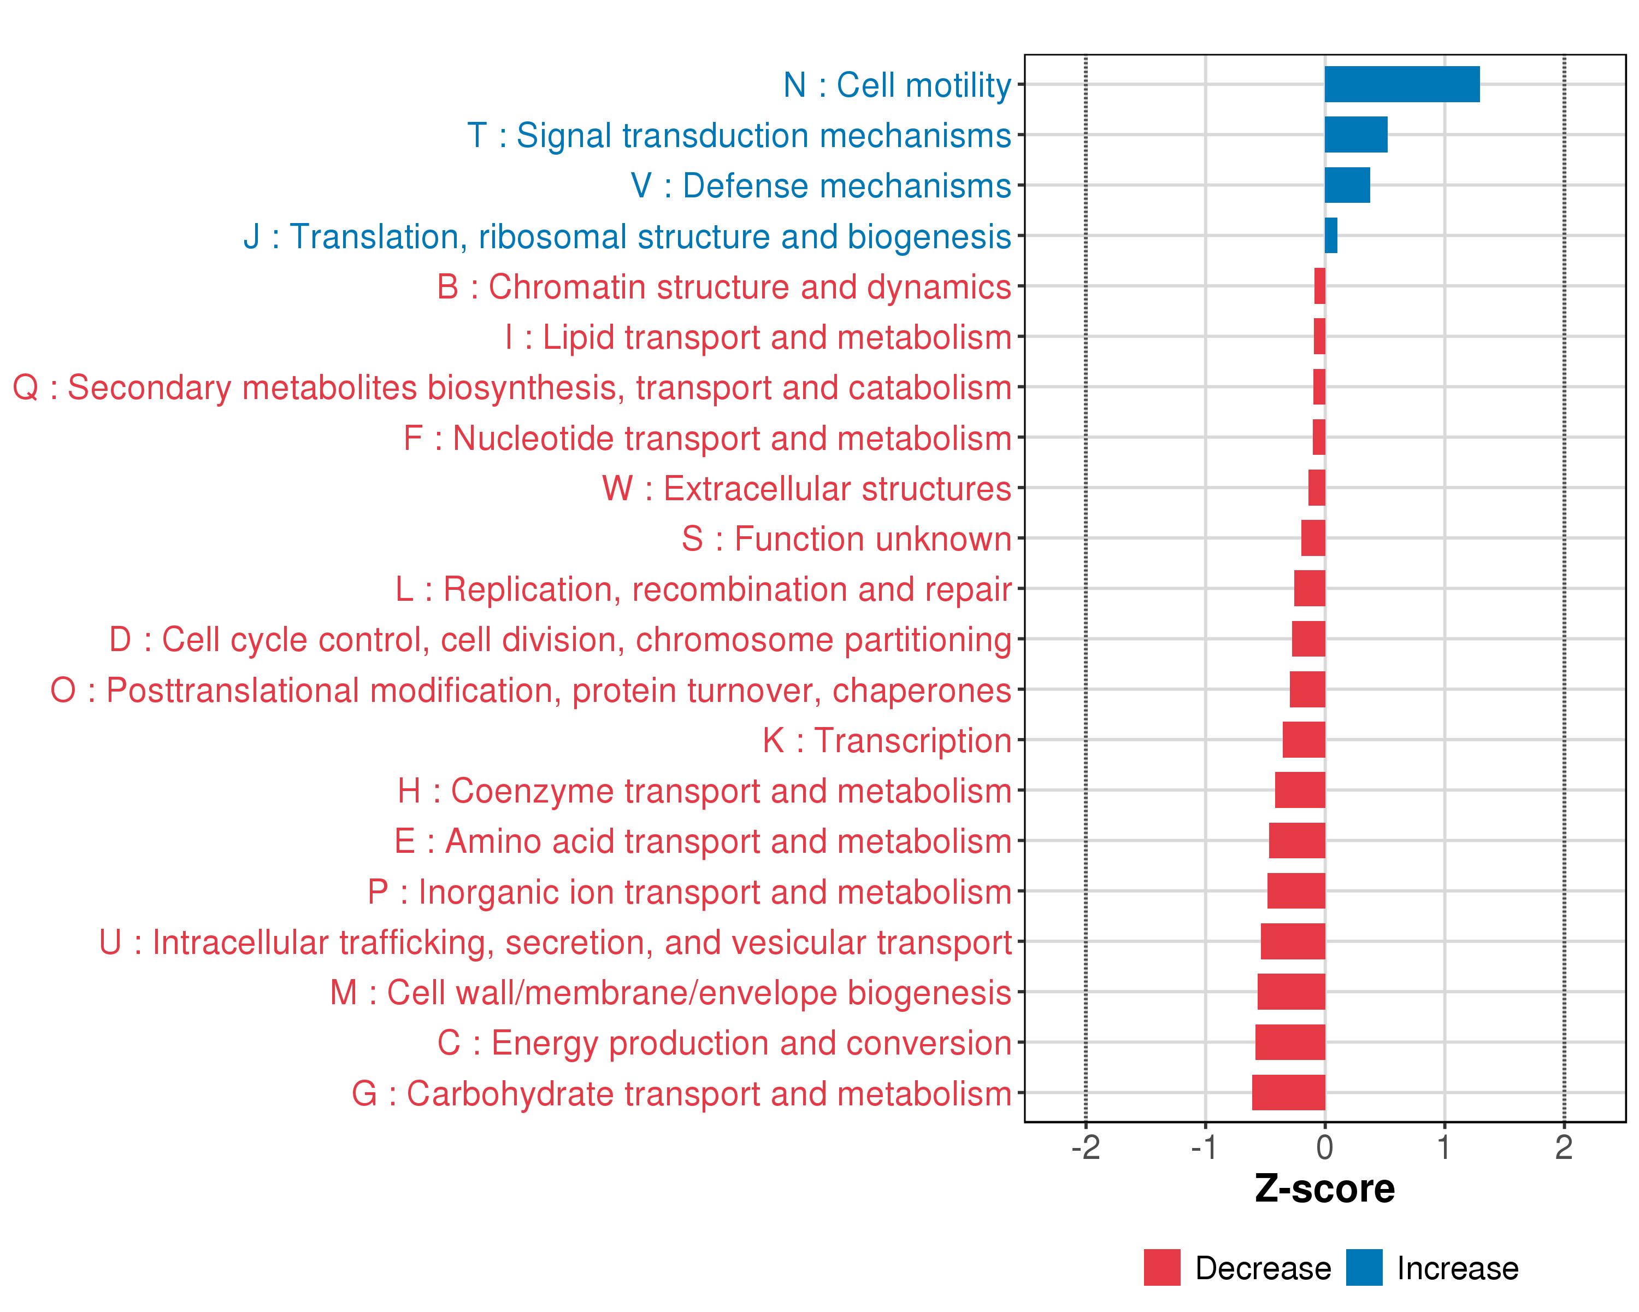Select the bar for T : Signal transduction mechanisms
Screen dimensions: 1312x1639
coord(1355,134)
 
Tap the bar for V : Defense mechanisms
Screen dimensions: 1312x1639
coord(1347,185)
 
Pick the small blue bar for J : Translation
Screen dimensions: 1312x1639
coord(1330,236)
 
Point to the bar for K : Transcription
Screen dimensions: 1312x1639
coord(1303,739)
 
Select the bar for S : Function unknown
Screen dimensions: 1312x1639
coord(1313,538)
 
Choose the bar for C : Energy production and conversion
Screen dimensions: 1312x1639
coord(1289,1042)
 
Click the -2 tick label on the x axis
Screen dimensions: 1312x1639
coord(1085,1147)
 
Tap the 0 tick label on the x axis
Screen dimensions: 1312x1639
coord(1324,1147)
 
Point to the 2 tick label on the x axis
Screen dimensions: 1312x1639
coord(1563,1147)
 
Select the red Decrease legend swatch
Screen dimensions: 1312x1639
coord(1162,1267)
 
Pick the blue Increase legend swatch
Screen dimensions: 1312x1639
coord(1364,1267)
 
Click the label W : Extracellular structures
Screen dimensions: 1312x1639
coord(806,488)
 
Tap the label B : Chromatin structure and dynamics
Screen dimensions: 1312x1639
coord(724,287)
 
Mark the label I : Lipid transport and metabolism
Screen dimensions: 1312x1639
coord(758,337)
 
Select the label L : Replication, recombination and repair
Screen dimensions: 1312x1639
coord(703,589)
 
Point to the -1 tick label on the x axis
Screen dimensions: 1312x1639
coord(1204,1147)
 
